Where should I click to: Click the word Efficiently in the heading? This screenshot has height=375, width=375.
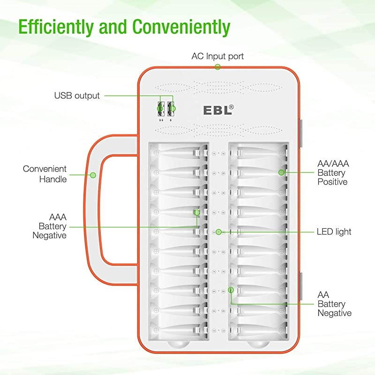pyautogui.click(x=58, y=27)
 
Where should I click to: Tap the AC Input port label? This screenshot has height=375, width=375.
pyautogui.click(x=217, y=56)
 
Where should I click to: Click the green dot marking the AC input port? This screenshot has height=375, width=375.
pyautogui.click(x=217, y=67)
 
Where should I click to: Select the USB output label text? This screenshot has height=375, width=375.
pyautogui.click(x=77, y=96)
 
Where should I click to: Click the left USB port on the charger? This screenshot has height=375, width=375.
pyautogui.click(x=161, y=109)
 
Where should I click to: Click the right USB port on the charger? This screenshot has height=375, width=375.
pyautogui.click(x=172, y=109)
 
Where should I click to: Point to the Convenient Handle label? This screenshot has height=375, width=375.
pyautogui.click(x=45, y=173)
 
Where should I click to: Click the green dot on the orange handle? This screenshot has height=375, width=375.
pyautogui.click(x=93, y=175)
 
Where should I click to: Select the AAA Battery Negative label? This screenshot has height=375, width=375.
pyautogui.click(x=49, y=226)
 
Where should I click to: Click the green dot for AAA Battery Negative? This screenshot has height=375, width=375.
pyautogui.click(x=197, y=212)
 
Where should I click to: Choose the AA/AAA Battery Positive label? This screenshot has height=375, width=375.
pyautogui.click(x=332, y=172)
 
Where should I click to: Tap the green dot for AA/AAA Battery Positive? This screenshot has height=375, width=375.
pyautogui.click(x=281, y=172)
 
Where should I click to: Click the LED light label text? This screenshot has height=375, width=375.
pyautogui.click(x=334, y=232)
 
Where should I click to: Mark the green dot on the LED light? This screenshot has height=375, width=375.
pyautogui.click(x=218, y=232)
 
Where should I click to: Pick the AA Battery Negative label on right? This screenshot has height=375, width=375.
pyautogui.click(x=334, y=303)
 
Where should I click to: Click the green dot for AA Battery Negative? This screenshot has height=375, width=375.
pyautogui.click(x=230, y=290)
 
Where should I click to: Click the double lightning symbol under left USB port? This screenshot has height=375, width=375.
pyautogui.click(x=161, y=120)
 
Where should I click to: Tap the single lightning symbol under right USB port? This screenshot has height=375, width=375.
pyautogui.click(x=172, y=120)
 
